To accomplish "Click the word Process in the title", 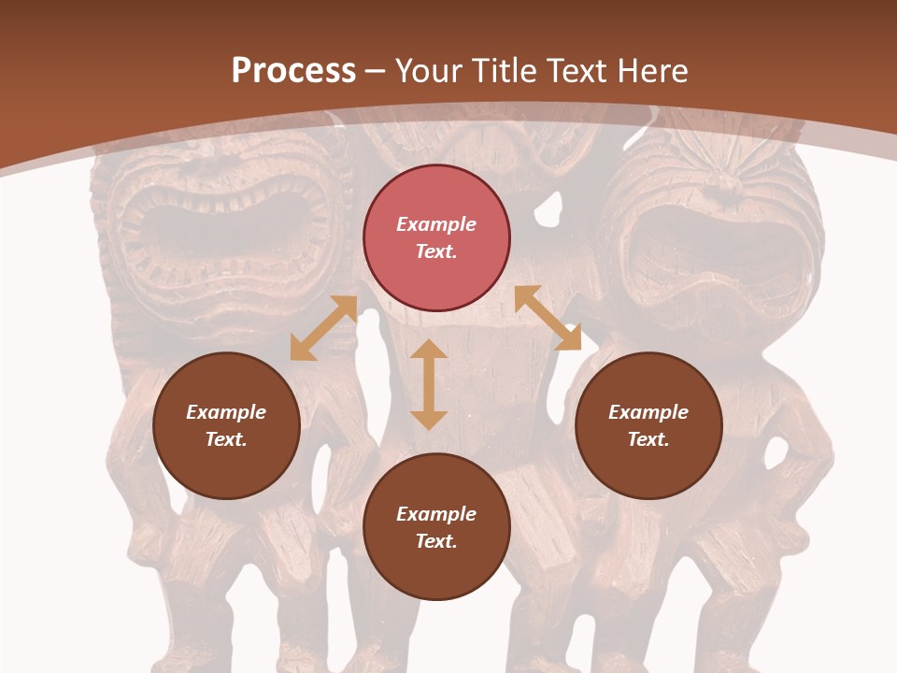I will [293, 71].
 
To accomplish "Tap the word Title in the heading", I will [503, 71].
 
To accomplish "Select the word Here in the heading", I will [649, 71].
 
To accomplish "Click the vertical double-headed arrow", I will [429, 384].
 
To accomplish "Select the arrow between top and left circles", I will [323, 328].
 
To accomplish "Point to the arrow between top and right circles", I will [548, 318].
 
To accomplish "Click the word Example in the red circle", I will [436, 224].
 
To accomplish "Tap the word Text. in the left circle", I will [226, 439].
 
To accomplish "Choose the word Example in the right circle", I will [648, 412].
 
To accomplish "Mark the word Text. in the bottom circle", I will [436, 541].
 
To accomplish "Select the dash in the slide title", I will [375, 72].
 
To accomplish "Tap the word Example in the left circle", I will [226, 412].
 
